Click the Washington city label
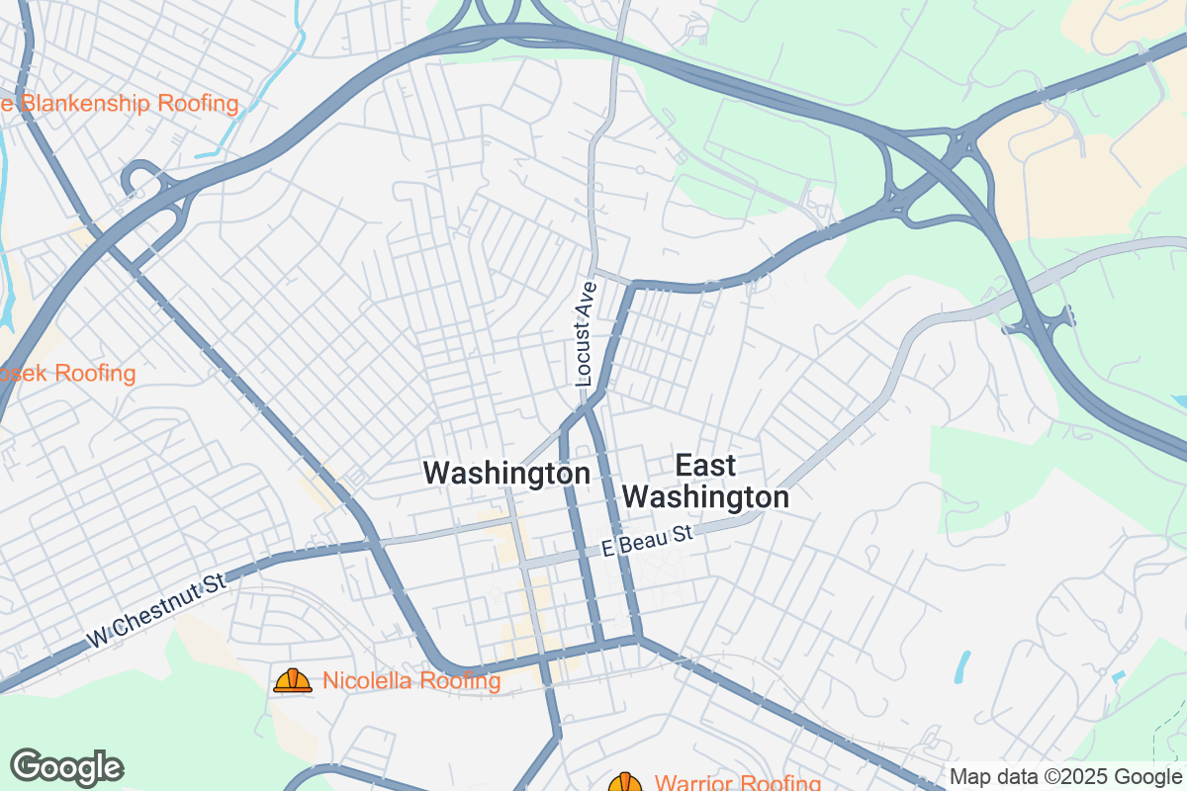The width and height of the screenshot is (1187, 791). tap(506, 474)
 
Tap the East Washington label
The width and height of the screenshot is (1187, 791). tap(707, 481)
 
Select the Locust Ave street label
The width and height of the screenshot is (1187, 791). tap(587, 334)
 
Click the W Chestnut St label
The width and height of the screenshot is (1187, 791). tap(156, 613)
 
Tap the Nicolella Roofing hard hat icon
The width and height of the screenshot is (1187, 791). tap(292, 680)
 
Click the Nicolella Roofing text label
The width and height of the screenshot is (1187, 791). tap(411, 681)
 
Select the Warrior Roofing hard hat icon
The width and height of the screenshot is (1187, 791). tap(625, 783)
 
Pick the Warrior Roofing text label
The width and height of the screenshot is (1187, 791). tap(737, 784)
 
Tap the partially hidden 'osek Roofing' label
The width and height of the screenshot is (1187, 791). tap(67, 374)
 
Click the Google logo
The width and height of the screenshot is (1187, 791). tap(67, 767)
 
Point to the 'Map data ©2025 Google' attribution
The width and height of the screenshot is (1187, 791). tap(1065, 777)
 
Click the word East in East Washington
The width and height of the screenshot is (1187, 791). tap(706, 465)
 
